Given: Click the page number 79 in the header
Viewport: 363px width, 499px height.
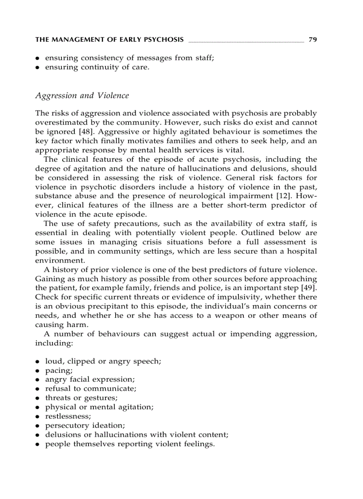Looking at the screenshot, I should [312, 40].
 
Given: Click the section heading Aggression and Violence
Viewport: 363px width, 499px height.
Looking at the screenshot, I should [82, 96].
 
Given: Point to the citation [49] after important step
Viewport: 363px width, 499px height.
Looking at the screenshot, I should [308, 287].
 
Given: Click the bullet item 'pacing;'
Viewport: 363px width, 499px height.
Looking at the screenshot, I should [59, 370].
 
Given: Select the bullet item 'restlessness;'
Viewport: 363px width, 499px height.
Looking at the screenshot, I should [68, 416].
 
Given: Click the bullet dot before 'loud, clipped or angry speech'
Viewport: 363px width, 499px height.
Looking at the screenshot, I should [38, 361].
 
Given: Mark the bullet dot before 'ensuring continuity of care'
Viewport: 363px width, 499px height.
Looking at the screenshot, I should [38, 68].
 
